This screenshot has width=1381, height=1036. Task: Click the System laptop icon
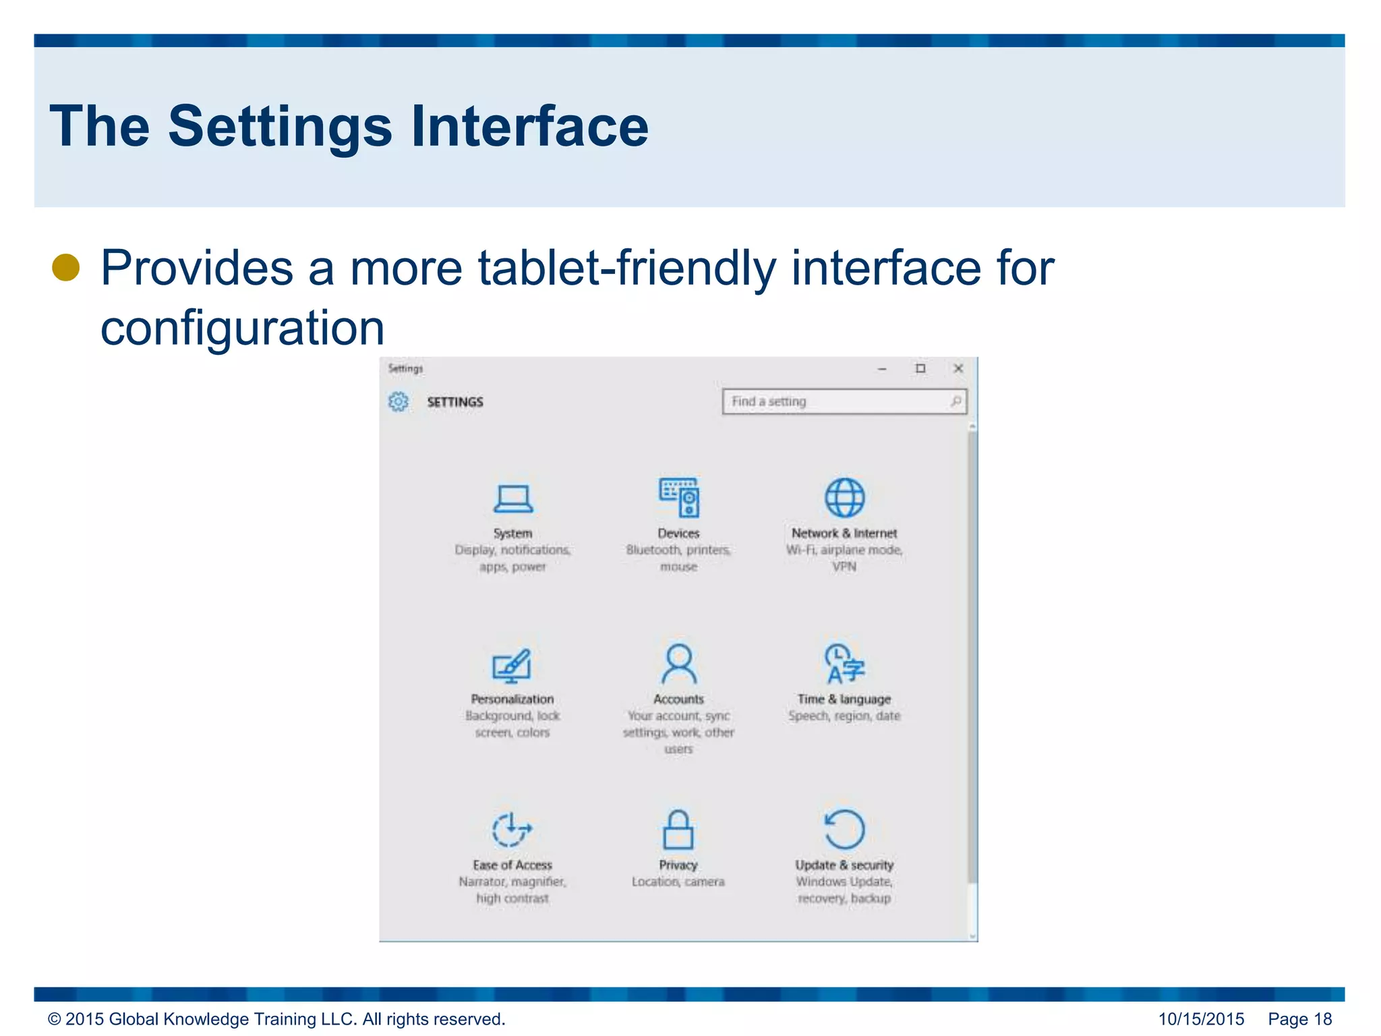point(512,499)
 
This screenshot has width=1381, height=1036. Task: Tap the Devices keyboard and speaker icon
point(679,498)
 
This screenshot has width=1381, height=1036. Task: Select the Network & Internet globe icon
point(845,498)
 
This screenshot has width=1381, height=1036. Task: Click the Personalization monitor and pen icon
point(512,665)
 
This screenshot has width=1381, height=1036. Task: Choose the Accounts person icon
point(678,664)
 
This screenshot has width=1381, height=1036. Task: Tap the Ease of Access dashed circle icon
point(512,830)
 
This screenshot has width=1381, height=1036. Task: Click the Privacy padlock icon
point(678,830)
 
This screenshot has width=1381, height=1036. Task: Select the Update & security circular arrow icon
point(844,829)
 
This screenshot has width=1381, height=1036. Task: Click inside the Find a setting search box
point(836,401)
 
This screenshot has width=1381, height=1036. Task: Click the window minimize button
point(882,369)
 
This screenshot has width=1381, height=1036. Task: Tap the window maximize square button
point(920,368)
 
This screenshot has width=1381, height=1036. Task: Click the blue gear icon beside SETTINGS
point(399,401)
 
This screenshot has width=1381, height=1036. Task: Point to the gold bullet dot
point(66,268)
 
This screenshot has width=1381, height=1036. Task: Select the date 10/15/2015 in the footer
point(1201,1019)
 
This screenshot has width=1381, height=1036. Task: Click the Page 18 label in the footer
point(1299,1019)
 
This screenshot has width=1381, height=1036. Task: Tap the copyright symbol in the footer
point(55,1019)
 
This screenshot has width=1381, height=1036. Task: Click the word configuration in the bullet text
point(243,328)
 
